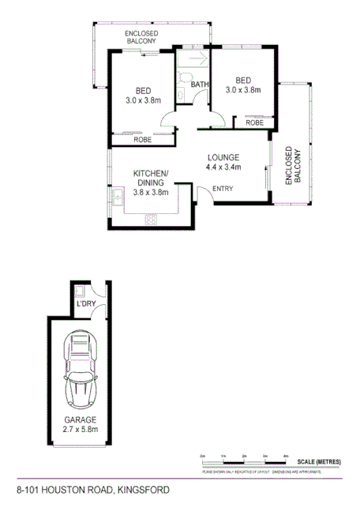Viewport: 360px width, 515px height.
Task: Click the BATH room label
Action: (x=199, y=85)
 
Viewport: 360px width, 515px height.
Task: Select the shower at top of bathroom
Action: (x=192, y=59)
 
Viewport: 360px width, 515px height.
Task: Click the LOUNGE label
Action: (x=223, y=156)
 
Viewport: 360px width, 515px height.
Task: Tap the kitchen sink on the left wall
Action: (x=118, y=195)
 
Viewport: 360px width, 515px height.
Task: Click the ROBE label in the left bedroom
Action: (x=142, y=140)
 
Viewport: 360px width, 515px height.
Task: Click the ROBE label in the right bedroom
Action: (x=254, y=122)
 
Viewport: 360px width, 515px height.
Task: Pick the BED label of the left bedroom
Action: (x=143, y=90)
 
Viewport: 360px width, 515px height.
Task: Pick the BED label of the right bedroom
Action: (x=243, y=80)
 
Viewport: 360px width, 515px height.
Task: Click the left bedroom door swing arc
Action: (x=167, y=118)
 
